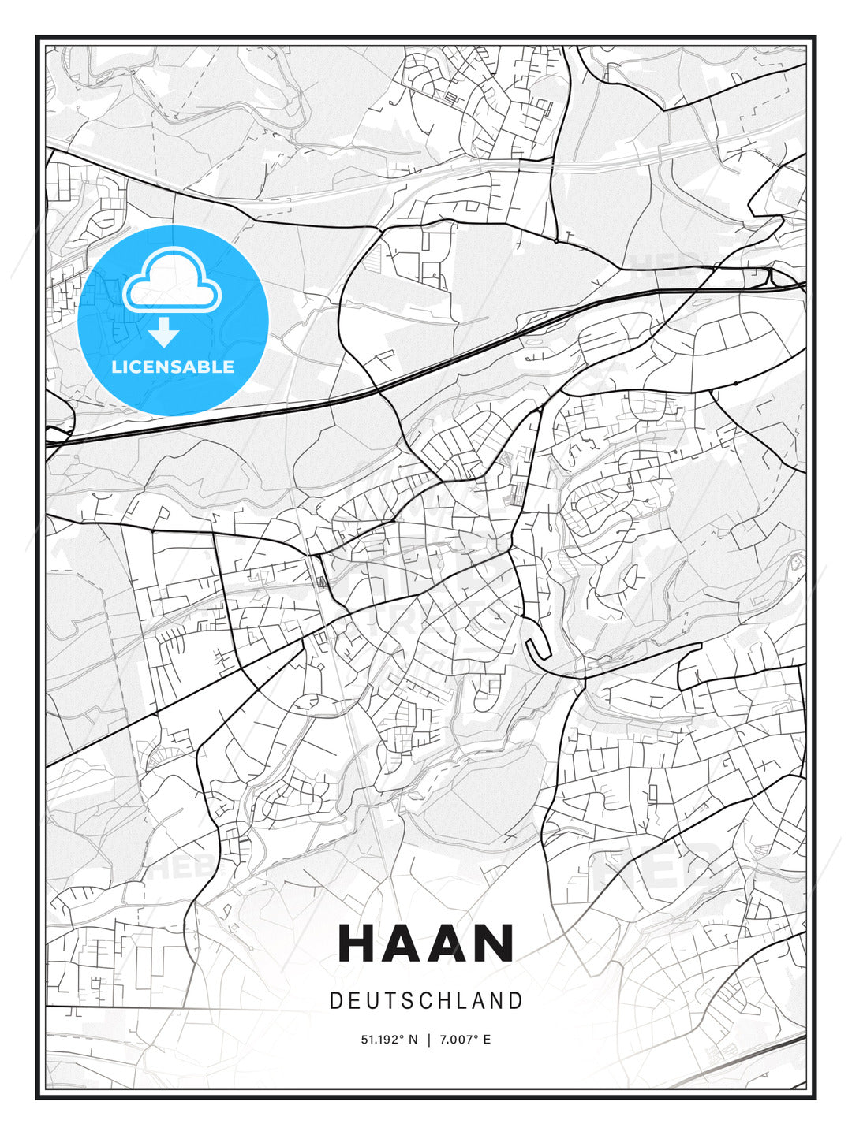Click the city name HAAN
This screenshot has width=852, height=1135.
(x=426, y=943)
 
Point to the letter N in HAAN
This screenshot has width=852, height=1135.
(x=494, y=943)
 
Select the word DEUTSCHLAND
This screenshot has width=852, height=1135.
(x=426, y=1001)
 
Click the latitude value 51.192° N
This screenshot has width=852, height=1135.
(x=389, y=1040)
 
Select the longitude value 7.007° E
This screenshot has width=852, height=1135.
(x=465, y=1040)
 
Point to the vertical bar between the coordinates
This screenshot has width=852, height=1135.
(x=428, y=1040)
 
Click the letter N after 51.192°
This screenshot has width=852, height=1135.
(x=413, y=1040)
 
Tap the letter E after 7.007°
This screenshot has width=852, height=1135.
(x=487, y=1040)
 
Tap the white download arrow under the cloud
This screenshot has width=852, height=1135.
(x=164, y=333)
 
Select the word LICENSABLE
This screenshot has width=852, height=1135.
(x=173, y=367)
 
